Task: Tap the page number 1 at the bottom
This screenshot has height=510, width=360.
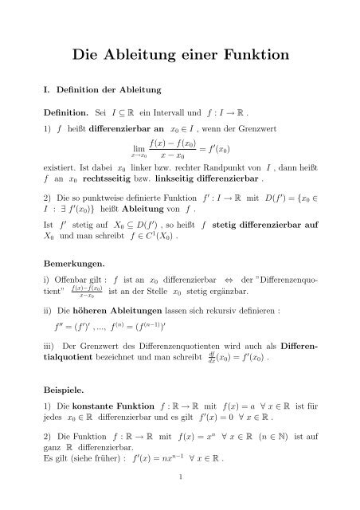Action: point(180,500)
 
